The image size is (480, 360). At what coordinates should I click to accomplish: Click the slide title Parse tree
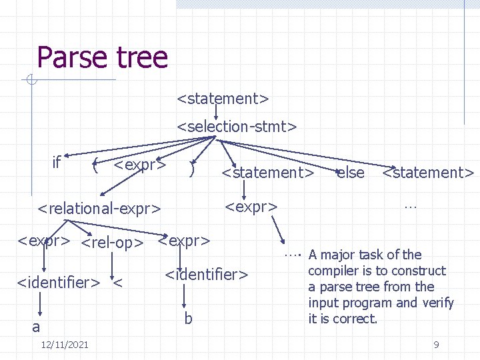click(x=102, y=57)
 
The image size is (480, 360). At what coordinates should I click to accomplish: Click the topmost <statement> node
click(x=223, y=99)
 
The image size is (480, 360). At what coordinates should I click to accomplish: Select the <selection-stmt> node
click(x=236, y=125)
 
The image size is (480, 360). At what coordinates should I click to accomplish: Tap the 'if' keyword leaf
click(x=57, y=162)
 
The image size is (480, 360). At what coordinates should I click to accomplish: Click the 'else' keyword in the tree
click(x=351, y=173)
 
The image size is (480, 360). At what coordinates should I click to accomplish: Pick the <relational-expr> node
click(x=99, y=209)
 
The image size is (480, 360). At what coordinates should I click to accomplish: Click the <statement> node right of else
click(x=428, y=173)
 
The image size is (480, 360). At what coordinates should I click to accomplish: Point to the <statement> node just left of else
click(x=267, y=173)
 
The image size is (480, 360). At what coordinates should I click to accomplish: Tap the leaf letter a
click(x=36, y=327)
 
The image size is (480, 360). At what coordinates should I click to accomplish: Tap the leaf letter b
click(x=188, y=319)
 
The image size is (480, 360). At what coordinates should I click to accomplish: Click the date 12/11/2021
click(x=65, y=345)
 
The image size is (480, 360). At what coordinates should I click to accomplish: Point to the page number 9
click(x=436, y=345)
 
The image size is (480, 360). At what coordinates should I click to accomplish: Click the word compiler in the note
click(x=335, y=271)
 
